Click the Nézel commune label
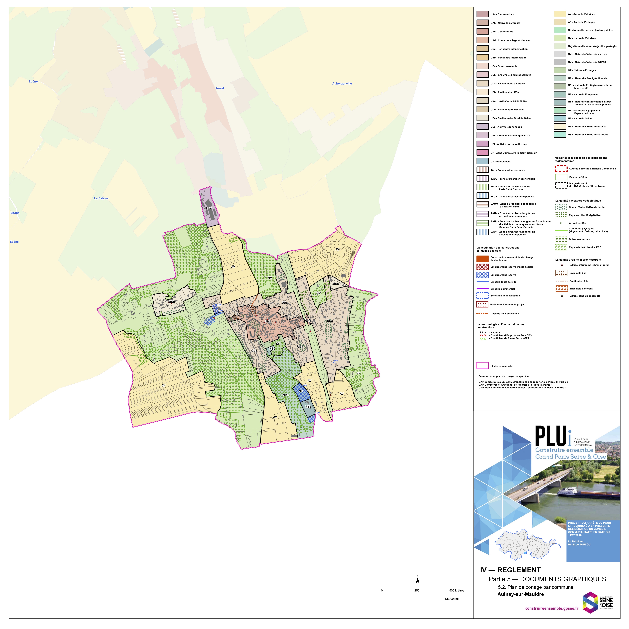point(220,88)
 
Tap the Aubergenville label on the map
point(342,84)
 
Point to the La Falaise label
point(101,198)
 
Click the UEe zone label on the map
point(209,208)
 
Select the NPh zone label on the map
point(286,395)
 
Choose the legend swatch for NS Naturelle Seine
point(560,118)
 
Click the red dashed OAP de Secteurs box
point(561,169)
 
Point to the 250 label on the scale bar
point(417,590)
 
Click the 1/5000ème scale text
point(452,598)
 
